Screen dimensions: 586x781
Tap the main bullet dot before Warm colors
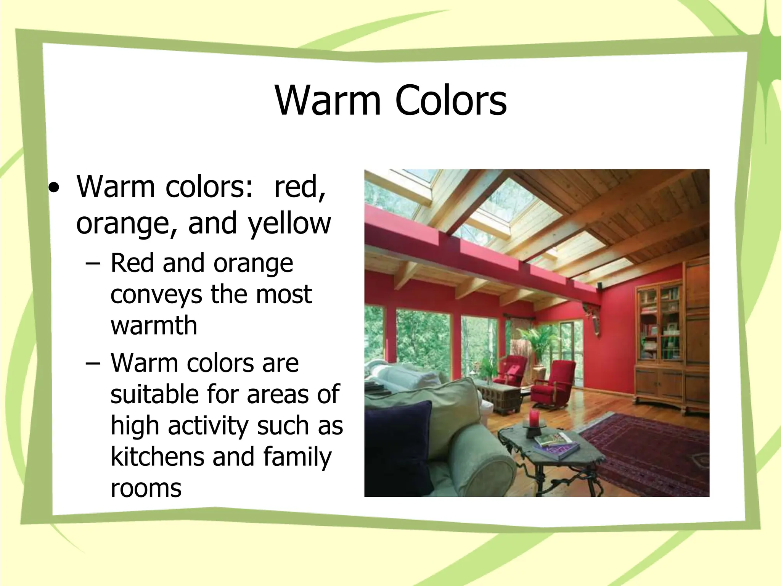click(56, 188)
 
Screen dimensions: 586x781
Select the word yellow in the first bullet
click(290, 224)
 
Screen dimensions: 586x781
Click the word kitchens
click(157, 456)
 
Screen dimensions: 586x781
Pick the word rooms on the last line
click(146, 488)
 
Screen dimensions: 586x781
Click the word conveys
click(156, 295)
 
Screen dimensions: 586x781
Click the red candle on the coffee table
click(534, 418)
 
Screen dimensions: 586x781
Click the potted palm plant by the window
click(538, 343)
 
